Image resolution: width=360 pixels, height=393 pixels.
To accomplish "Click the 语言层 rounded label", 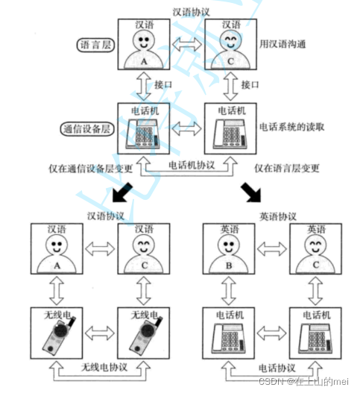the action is pos(95,45).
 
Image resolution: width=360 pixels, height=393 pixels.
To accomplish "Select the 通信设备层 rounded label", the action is pos(87,129).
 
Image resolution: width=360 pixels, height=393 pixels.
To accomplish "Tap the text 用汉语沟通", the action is pos(282,44).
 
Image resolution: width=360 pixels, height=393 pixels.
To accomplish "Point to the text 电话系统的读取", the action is pos(291,127).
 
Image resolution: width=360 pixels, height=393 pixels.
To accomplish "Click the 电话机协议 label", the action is pos(192,165).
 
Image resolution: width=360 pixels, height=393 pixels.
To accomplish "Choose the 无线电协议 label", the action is pos(104,367).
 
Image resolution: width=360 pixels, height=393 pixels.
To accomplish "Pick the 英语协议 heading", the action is pos(278,216).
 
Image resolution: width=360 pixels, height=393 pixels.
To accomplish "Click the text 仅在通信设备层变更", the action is pos(90,169).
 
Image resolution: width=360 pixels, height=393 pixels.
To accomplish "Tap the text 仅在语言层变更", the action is pos(287,168).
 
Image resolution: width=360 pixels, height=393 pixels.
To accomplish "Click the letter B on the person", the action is pos(229,265).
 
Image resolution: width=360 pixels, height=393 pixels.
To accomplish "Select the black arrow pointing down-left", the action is pos(122,192).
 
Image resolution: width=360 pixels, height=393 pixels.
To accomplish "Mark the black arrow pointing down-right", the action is pos(251,192).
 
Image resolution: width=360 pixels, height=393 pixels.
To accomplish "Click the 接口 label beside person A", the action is pos(163,85).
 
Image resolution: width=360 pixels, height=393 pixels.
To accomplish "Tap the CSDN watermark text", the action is pos(303,381).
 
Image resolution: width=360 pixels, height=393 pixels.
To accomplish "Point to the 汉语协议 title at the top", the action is pos(191,12).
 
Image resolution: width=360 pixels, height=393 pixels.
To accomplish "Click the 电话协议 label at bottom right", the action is pos(277,368).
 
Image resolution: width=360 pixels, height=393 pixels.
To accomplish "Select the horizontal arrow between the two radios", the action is pos(100,333).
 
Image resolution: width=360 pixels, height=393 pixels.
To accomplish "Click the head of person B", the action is pos(229,245).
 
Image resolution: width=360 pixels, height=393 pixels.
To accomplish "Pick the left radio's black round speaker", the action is pos(61,330).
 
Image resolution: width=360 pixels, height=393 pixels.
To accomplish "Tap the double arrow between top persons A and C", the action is pos(187,44).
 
